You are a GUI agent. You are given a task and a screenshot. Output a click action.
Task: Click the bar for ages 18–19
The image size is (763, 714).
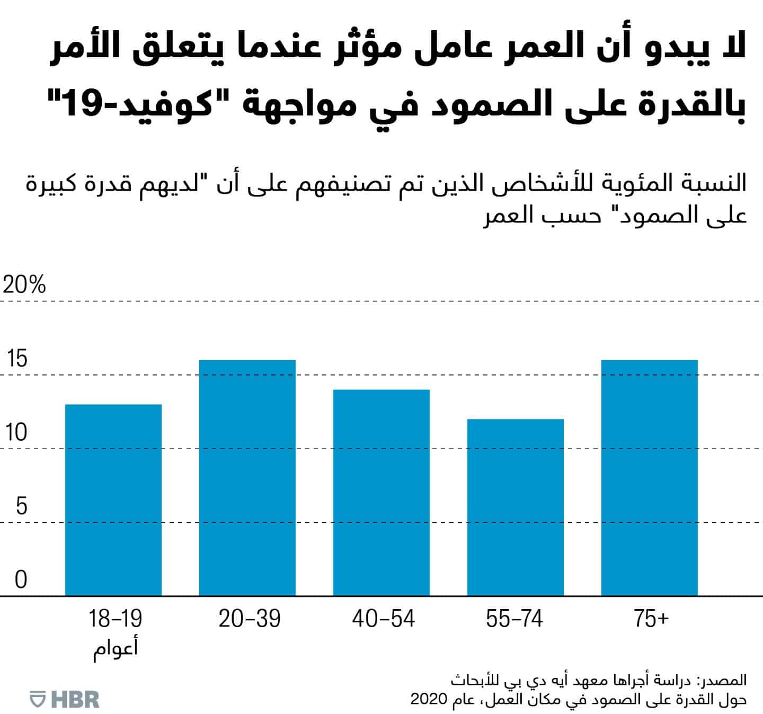113,500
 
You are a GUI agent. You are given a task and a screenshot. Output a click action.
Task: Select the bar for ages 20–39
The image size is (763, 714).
247,478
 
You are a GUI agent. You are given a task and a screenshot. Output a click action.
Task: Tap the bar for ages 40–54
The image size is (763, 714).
381,493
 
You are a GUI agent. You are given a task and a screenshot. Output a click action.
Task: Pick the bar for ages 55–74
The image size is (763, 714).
515,507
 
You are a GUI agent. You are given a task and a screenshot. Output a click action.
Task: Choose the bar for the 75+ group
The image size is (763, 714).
649,478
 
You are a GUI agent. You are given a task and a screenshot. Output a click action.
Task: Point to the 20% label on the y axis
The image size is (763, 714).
24,285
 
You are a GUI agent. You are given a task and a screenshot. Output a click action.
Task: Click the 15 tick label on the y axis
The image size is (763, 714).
17,359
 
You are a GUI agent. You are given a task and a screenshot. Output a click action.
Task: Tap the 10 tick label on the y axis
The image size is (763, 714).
17,433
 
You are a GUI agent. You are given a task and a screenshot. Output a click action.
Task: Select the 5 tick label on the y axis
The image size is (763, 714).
21,506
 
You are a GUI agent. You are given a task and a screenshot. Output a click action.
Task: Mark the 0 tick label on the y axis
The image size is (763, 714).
21,580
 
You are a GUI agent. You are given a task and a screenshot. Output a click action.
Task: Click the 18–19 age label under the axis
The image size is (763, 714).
116,619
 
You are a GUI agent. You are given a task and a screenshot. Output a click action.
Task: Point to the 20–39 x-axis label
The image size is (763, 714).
249,619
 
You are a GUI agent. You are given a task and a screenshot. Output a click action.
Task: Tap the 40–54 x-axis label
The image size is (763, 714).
383,619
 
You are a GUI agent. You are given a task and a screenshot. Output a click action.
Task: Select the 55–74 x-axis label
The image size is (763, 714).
514,619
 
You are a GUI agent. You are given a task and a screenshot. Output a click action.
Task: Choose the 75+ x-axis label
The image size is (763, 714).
651,619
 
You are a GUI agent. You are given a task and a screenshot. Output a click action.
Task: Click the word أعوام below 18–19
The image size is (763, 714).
116,648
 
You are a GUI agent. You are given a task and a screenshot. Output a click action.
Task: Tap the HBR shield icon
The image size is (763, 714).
38,699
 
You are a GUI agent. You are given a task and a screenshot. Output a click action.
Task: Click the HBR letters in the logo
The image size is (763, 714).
75,699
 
